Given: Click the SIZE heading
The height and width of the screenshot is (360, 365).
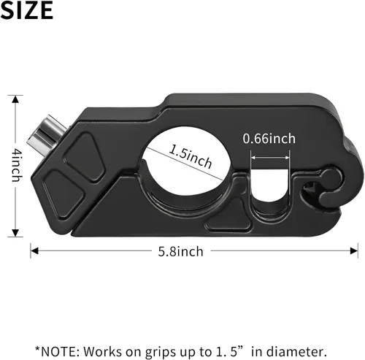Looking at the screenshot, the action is [x=27, y=10].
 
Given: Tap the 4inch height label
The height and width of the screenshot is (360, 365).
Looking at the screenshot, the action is [x=17, y=166].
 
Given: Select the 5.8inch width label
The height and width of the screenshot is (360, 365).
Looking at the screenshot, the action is [x=180, y=251].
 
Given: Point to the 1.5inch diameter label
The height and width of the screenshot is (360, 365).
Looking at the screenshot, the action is [x=190, y=156].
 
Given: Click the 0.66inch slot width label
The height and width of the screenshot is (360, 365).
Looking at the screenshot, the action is [x=269, y=139].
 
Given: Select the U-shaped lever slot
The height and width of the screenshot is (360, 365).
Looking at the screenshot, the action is [x=270, y=185].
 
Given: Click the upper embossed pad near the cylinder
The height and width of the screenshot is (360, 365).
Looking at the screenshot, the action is [x=85, y=156].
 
